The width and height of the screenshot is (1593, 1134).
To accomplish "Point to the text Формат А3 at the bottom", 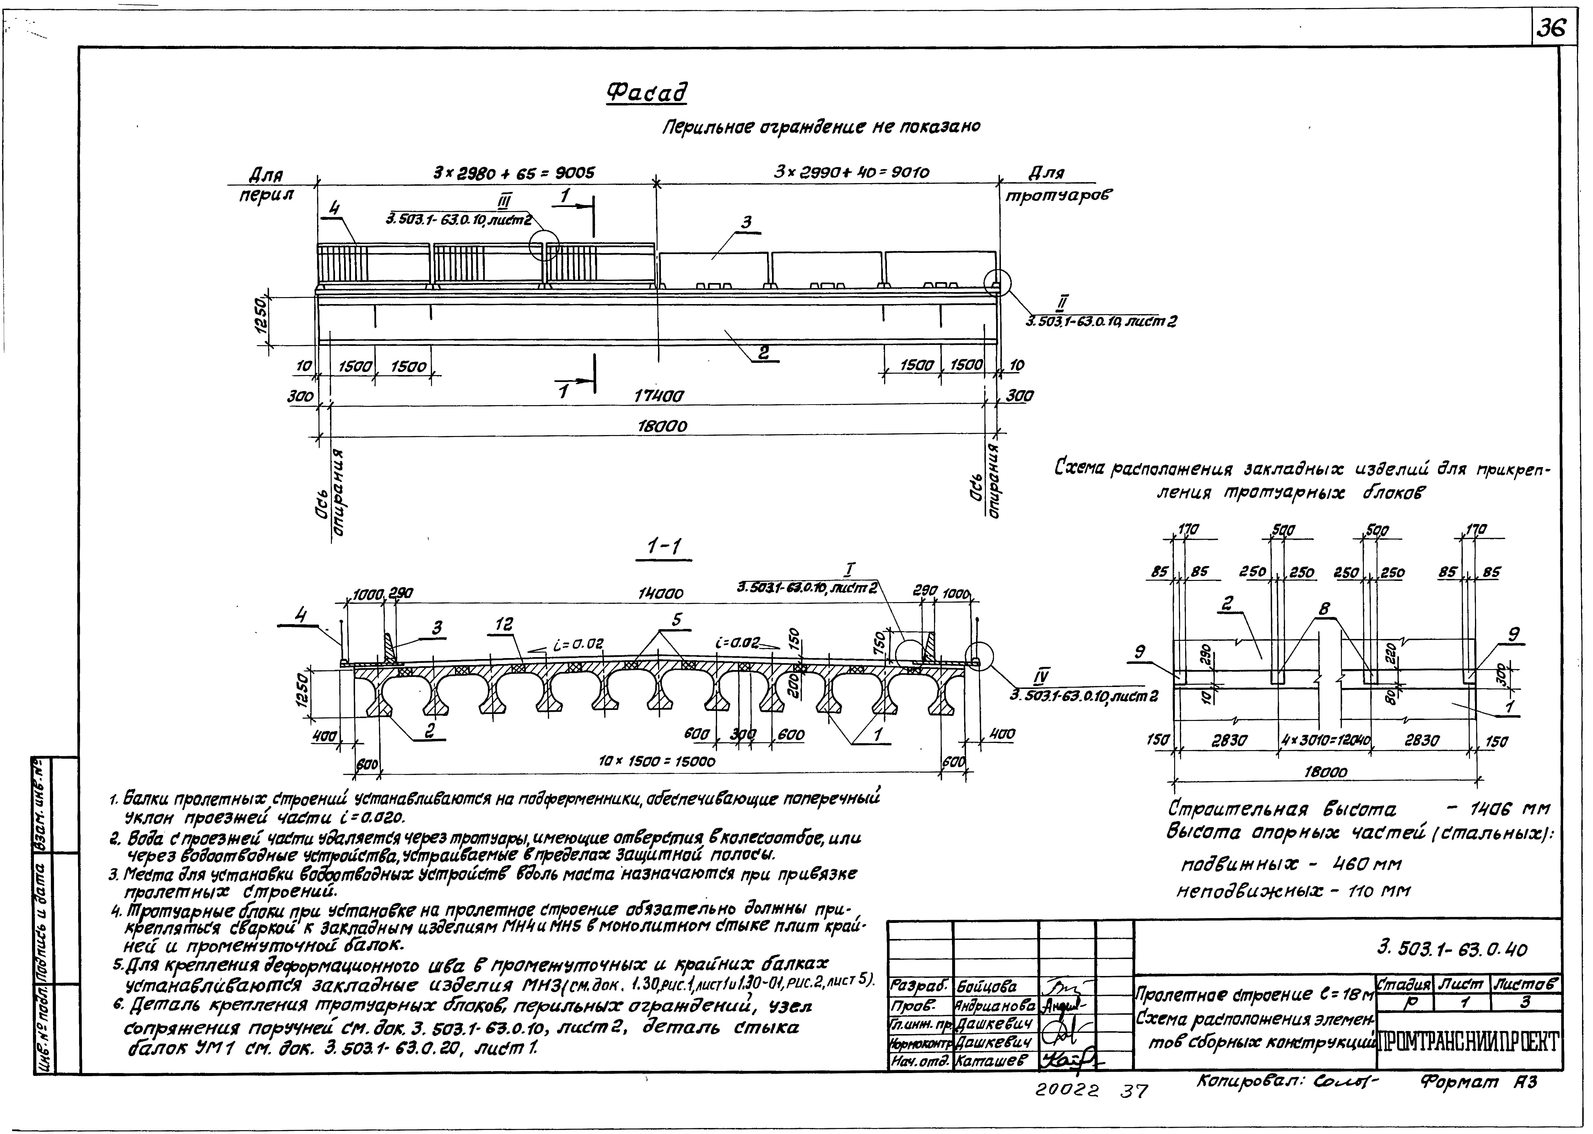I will coord(1479,1083).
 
